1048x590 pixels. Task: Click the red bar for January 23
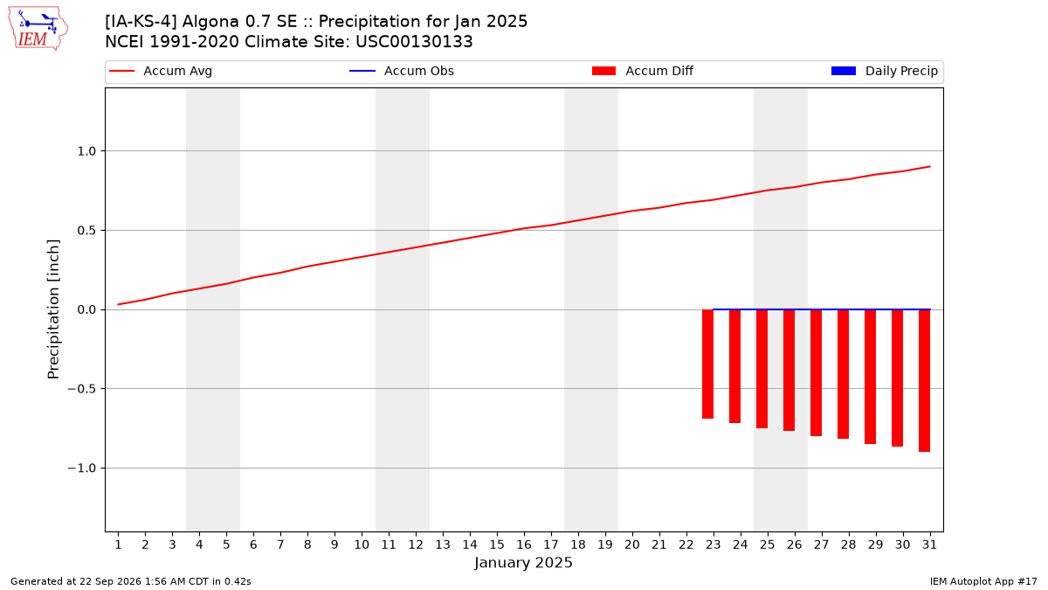tap(707, 364)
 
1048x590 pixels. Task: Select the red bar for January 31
tap(924, 381)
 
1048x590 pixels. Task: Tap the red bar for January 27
tap(816, 372)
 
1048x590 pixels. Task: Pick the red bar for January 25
tap(762, 369)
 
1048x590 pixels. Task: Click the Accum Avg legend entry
tap(161, 71)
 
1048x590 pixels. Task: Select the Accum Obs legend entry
tap(402, 71)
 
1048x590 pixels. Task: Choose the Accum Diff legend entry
tap(643, 71)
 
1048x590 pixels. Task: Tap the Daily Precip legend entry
tap(884, 71)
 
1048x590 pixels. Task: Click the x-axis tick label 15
tap(497, 545)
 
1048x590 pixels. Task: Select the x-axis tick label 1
tap(119, 545)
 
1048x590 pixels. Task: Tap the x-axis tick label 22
tap(686, 545)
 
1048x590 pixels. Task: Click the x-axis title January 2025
tap(523, 562)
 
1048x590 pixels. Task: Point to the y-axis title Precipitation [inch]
tap(53, 309)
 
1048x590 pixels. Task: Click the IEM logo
tap(38, 28)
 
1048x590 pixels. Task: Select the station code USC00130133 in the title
tap(414, 42)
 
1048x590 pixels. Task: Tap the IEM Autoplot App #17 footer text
tap(983, 581)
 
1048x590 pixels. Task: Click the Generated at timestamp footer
tap(130, 581)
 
